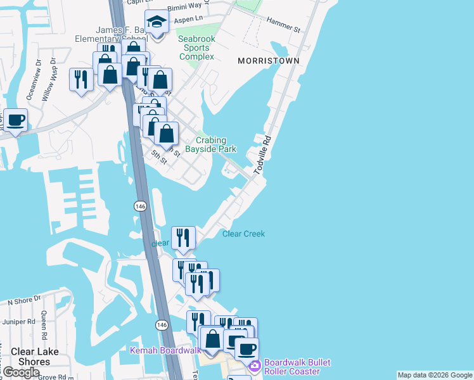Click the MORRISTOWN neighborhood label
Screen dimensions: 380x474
pyautogui.click(x=268, y=61)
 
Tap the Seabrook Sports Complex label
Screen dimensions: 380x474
pyautogui.click(x=196, y=47)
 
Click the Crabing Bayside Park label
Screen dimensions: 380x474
pyautogui.click(x=210, y=144)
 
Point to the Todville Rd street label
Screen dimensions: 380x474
pyautogui.click(x=262, y=156)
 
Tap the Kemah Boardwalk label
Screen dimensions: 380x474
pyautogui.click(x=165, y=350)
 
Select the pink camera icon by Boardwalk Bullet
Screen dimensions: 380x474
pyautogui.click(x=255, y=366)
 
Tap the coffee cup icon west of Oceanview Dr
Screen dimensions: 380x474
pyautogui.click(x=15, y=119)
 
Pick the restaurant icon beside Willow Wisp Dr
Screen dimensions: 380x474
pyautogui.click(x=80, y=79)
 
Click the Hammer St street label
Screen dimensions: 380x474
pyautogui.click(x=283, y=24)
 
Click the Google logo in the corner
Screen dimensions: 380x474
pyautogui.click(x=22, y=372)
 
